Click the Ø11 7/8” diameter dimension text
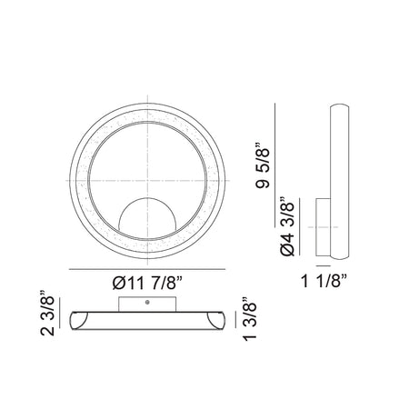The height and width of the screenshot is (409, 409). tap(147, 283)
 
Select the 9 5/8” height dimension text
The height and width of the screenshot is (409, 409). tap(263, 165)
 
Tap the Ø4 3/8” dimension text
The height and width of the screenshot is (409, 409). tap(287, 226)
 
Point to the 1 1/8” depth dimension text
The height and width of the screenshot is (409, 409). tap(324, 281)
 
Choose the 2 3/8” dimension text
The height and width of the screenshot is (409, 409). tap(47, 313)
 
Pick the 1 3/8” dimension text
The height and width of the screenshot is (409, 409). tap(250, 318)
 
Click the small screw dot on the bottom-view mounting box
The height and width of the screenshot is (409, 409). tap(147, 302)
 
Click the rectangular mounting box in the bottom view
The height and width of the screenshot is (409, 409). tap(147, 304)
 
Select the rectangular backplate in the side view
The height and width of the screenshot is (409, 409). tap(323, 227)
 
